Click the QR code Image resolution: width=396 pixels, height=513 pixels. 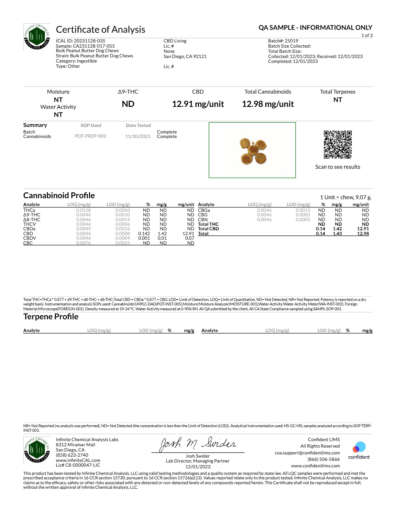pyautogui.click(x=337, y=144)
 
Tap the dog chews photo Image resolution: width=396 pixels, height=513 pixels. pyautogui.click(x=252, y=150)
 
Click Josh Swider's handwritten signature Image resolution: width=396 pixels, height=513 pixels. pyautogui.click(x=198, y=444)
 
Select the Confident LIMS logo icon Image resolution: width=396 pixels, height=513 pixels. pyautogui.click(x=359, y=447)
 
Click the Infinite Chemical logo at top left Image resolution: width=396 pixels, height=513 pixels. pyautogui.click(x=37, y=37)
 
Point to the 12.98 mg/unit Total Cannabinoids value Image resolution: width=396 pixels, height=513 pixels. pyautogui.click(x=268, y=104)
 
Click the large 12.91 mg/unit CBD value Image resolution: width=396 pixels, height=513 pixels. pyautogui.click(x=198, y=104)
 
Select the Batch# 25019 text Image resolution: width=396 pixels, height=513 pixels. pyautogui.click(x=283, y=41)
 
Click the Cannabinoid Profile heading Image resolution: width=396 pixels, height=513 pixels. pyautogui.click(x=59, y=195)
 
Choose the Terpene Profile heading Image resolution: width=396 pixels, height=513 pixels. pyautogui.click(x=51, y=316)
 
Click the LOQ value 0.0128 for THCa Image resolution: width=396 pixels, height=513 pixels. pyautogui.click(x=83, y=210)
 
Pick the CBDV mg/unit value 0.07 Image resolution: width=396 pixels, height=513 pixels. pyautogui.click(x=190, y=238)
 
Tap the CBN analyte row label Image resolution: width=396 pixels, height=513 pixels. pyautogui.click(x=203, y=220)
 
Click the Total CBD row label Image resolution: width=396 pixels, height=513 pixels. pyautogui.click(x=208, y=229)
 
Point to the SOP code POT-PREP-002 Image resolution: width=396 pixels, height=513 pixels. pyautogui.click(x=91, y=136)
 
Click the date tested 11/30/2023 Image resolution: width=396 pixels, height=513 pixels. pyautogui.click(x=137, y=136)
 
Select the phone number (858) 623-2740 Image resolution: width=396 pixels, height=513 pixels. pyautogui.click(x=72, y=455)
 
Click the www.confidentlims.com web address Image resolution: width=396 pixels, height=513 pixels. pyautogui.click(x=315, y=466)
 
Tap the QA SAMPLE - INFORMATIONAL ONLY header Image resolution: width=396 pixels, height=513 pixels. pyautogui.click(x=315, y=28)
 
